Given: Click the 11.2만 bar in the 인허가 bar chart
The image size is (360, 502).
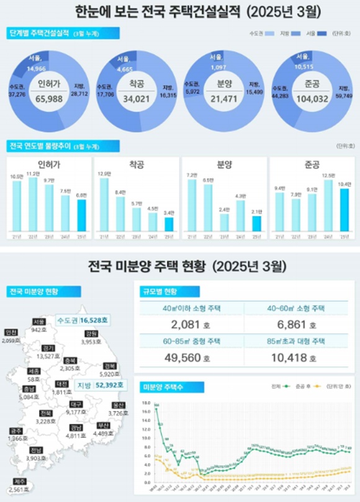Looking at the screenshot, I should click(33, 204).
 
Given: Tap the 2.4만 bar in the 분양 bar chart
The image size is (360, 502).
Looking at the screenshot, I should click(224, 222).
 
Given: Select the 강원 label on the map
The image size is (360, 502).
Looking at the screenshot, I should click(91, 333).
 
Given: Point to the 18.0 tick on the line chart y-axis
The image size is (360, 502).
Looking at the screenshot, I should click(146, 402).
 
